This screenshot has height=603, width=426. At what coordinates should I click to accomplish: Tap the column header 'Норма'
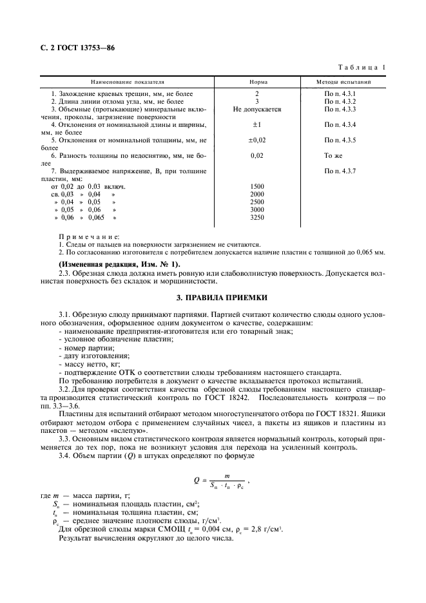click(x=258, y=82)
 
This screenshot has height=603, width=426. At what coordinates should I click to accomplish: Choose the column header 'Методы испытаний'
click(x=344, y=82)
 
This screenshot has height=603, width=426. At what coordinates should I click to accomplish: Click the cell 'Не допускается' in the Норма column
click(x=257, y=110)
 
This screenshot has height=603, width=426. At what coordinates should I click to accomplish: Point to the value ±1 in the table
click(x=257, y=124)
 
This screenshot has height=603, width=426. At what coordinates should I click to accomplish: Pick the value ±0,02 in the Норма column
click(x=257, y=140)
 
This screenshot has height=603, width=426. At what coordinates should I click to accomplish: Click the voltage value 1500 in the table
click(x=257, y=186)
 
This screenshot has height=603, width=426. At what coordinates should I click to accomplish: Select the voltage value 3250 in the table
click(x=257, y=217)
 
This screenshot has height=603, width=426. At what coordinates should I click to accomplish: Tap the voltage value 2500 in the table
click(x=257, y=202)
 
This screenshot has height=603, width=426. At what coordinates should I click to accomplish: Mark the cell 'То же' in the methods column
click(x=333, y=155)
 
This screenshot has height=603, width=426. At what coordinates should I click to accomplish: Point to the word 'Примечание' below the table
click(x=84, y=237)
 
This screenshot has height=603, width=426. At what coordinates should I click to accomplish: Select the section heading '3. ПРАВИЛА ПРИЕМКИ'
click(x=213, y=299)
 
